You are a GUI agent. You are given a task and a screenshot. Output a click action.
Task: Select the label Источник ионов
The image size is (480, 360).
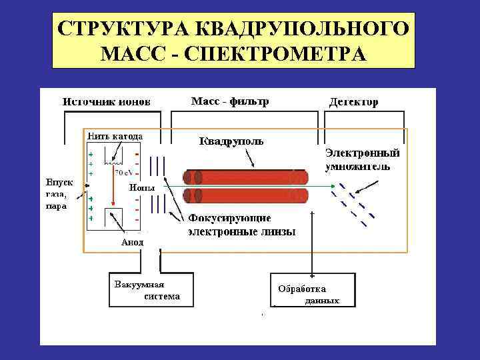point(107,102)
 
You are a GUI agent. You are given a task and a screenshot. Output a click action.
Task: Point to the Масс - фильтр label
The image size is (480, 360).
point(230,101)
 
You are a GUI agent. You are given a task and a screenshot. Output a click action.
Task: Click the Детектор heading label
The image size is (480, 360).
point(354,102)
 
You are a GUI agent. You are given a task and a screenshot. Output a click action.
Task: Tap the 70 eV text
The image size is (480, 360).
point(123,171)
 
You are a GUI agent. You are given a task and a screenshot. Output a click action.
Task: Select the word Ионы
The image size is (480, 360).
point(142,187)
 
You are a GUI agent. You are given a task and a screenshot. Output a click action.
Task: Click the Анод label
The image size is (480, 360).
point(132,241)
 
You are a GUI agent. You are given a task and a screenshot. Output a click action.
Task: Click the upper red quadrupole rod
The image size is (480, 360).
point(247,177)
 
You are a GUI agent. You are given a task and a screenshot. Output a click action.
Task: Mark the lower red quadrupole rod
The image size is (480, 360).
point(247,196)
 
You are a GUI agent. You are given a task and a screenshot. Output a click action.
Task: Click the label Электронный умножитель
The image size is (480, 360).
point(362,159)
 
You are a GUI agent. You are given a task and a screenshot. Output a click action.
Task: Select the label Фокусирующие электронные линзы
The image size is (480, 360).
point(241,225)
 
